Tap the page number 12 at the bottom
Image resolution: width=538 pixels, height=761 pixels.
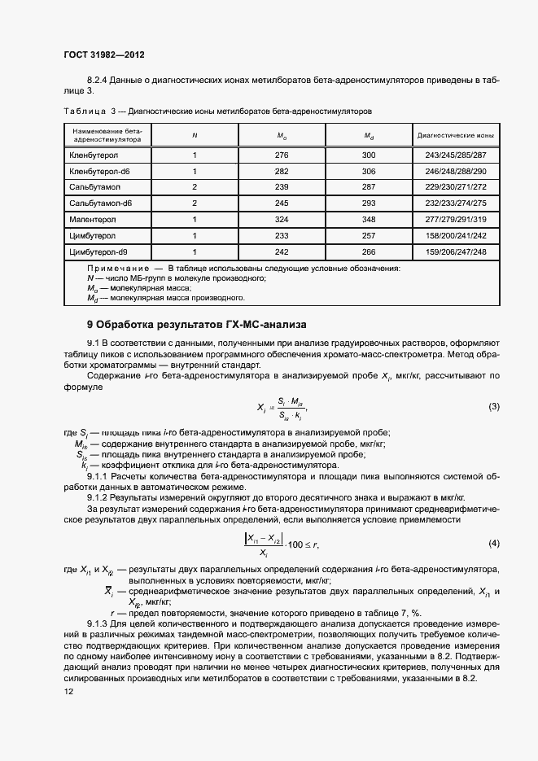tap(68, 691)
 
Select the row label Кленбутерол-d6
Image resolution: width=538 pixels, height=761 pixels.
tap(100, 171)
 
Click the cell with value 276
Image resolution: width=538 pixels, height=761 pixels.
tap(282, 155)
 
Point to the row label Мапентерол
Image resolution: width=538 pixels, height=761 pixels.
tap(93, 220)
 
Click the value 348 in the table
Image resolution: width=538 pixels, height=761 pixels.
tap(369, 220)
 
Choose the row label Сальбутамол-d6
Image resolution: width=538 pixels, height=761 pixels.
tap(101, 203)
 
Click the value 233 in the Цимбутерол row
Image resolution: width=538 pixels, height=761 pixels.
tap(282, 236)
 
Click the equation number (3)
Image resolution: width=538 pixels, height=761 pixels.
tap(493, 405)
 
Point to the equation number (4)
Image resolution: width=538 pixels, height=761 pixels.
tap(493, 543)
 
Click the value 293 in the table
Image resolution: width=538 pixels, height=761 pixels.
tap(369, 203)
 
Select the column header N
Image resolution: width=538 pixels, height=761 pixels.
tap(194, 135)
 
